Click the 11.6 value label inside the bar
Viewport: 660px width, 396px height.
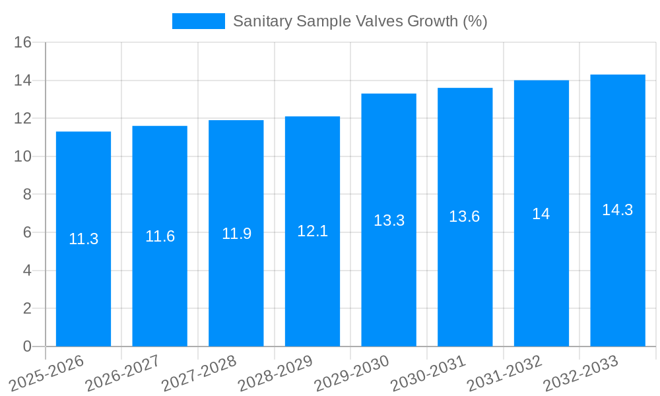[160, 236]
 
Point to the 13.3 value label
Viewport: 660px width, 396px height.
[389, 220]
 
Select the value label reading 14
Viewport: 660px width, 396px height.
[541, 214]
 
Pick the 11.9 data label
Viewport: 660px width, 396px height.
[236, 234]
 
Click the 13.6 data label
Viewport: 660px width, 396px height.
[465, 216]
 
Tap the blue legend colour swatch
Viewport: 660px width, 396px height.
[198, 21]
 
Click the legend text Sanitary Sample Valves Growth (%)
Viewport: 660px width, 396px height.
[360, 21]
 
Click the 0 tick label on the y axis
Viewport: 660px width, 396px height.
[27, 346]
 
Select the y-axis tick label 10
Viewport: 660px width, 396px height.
[23, 157]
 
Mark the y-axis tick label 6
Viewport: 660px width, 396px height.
[27, 232]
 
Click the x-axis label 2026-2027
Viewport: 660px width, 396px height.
[123, 372]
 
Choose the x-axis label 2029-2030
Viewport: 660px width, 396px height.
[352, 372]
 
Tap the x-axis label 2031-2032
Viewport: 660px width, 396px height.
[505, 372]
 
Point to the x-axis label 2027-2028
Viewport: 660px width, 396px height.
[199, 372]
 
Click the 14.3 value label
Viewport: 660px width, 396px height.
[617, 210]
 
